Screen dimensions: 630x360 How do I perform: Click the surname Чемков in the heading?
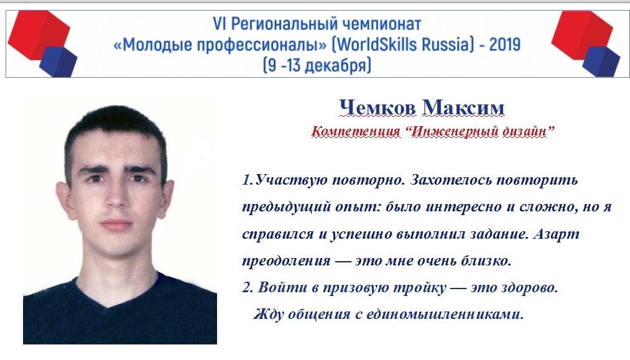pos(378,108)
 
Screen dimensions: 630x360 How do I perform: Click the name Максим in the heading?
pos(463,108)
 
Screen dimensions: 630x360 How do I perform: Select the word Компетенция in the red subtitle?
pos(356,131)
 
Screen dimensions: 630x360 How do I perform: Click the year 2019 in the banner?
pos(504,44)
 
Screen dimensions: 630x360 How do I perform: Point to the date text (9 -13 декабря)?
pos(317,65)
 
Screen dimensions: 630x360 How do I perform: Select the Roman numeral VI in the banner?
pos(220,24)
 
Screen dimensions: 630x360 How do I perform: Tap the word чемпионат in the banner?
pos(376,24)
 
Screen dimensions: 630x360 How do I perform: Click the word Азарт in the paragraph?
pos(557,234)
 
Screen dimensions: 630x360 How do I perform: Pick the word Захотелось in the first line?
pos(451,180)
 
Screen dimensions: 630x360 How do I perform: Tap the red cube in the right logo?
pos(582,34)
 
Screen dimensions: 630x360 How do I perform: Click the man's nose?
pos(115,197)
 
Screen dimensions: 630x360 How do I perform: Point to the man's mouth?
pos(116,224)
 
